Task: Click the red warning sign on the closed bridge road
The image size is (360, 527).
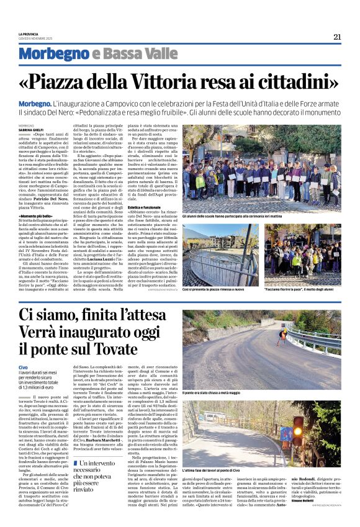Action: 282,336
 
